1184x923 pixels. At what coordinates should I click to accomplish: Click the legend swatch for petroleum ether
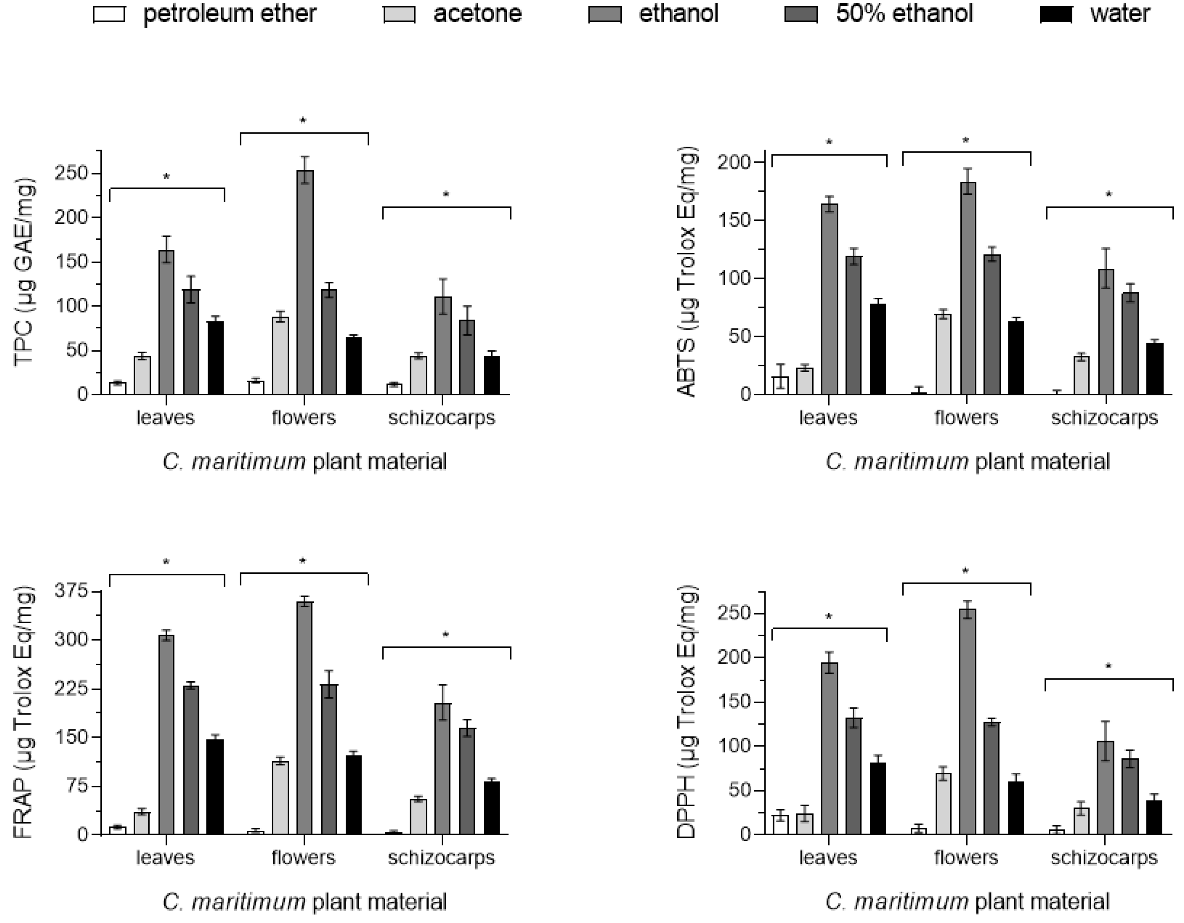pos(109,15)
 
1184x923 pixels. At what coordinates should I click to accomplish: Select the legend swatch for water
pos(1056,15)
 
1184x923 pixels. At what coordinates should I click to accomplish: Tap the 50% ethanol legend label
pos(904,13)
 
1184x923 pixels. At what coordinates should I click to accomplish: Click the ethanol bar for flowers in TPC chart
pos(305,282)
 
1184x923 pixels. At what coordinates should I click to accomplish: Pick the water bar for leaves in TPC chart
pos(216,358)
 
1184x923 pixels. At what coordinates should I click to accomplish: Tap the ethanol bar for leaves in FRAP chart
pos(166,734)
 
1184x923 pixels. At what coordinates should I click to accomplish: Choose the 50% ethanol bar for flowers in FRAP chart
pos(329,759)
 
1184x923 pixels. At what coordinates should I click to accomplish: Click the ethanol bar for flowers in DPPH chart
pos(968,721)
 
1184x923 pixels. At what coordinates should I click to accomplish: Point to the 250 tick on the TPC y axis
pos(74,174)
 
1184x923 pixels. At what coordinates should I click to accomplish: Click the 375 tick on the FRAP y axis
pos(71,591)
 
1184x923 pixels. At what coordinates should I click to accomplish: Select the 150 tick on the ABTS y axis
pos(736,221)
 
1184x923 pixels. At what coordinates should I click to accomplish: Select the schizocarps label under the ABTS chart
pos(1104,418)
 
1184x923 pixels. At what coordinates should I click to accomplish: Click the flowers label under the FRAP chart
pos(304,857)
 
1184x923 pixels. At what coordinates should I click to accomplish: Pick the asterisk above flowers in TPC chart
pos(303,121)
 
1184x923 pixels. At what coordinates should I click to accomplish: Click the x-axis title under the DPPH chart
pos(968,902)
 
